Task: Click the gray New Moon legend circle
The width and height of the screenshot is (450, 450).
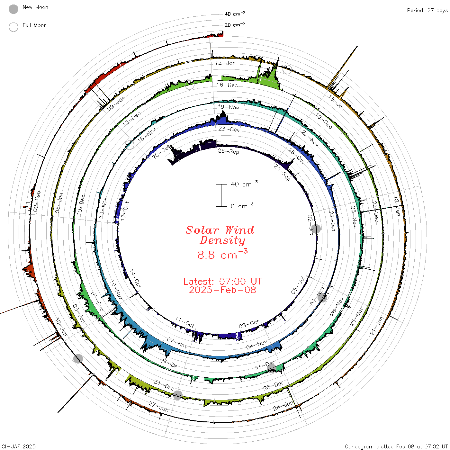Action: (14, 9)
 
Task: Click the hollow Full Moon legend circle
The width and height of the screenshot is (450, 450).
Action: (14, 27)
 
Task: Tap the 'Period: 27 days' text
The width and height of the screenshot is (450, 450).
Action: (427, 11)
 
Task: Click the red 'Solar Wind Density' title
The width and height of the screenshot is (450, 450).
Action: (220, 235)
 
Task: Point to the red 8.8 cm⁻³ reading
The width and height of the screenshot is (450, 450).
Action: (222, 254)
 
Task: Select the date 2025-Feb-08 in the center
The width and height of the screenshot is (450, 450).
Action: (222, 290)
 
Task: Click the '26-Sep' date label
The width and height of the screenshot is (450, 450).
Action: (228, 151)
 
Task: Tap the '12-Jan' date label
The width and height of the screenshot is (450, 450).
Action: (225, 63)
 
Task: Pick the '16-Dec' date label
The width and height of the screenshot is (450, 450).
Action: (227, 85)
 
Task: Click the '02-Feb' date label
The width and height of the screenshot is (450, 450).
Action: (37, 201)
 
